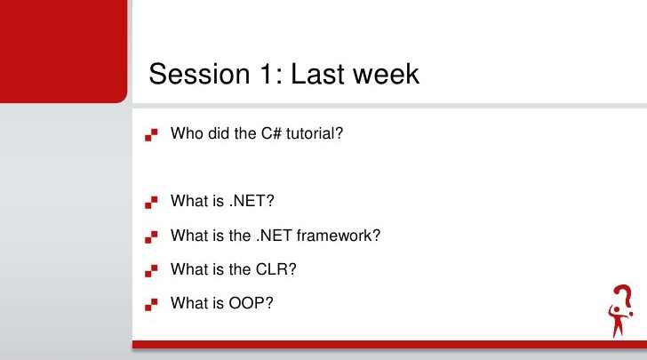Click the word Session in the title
(199, 74)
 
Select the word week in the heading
(385, 74)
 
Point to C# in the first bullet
(271, 133)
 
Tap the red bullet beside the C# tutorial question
(151, 135)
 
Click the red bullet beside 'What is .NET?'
(151, 203)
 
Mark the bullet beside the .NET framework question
(151, 237)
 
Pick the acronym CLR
(276, 269)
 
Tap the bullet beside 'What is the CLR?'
(151, 271)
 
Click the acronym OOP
(251, 303)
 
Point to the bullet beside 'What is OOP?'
(151, 305)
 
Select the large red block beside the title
(64, 52)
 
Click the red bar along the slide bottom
(389, 345)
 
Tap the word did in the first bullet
(219, 133)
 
